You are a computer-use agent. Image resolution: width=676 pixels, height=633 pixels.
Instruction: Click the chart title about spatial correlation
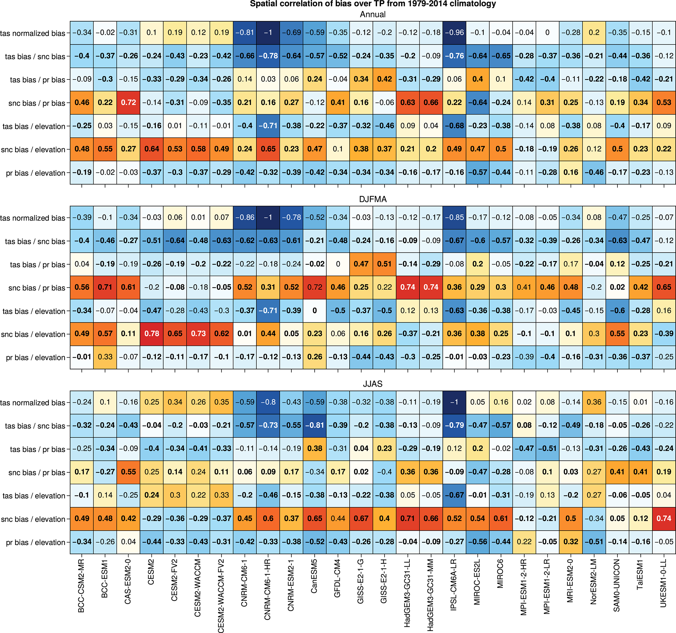point(373,4)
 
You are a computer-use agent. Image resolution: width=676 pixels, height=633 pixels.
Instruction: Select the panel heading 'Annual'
point(373,15)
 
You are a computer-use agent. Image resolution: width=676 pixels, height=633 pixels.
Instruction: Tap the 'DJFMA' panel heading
point(373,199)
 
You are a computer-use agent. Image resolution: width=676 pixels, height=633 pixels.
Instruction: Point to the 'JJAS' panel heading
point(373,384)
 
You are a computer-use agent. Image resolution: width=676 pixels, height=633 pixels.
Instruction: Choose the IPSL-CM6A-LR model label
point(454,585)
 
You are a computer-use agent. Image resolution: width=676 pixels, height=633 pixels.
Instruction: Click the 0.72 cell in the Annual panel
point(129,103)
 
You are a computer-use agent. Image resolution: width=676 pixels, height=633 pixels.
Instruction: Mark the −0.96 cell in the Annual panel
point(454,33)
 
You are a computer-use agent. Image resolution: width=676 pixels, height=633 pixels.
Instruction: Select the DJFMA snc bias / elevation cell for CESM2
point(152,334)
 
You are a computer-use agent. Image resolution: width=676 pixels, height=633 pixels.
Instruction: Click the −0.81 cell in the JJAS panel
point(315,426)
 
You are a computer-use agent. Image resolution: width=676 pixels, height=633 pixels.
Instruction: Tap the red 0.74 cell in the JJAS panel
point(664,519)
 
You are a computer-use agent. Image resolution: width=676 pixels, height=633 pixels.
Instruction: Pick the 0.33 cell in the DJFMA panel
point(105,357)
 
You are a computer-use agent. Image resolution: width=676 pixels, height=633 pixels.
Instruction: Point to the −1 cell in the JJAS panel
point(454,402)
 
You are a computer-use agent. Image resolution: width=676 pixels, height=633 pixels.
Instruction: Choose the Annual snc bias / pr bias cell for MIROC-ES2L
point(477,103)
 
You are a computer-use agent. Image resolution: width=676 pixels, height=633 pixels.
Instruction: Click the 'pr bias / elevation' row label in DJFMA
point(35,358)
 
